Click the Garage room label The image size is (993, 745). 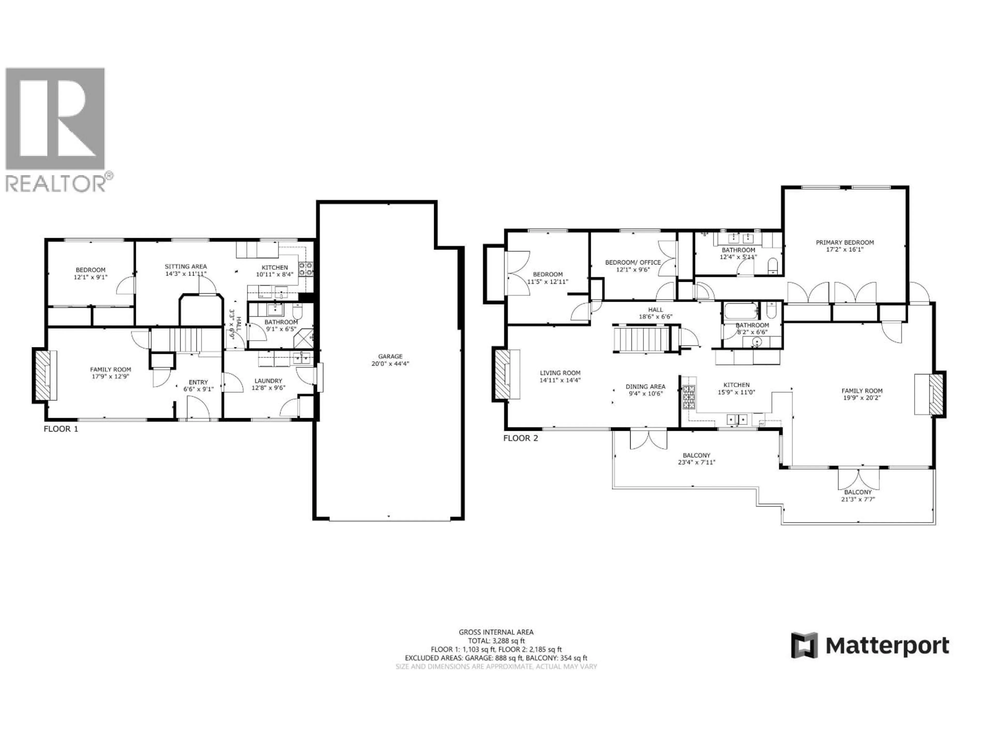tap(390, 356)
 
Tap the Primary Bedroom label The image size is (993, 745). tap(844, 242)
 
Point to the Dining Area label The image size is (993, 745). tap(645, 387)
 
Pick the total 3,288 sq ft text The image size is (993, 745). tap(496, 641)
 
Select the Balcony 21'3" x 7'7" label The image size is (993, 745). tap(857, 496)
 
